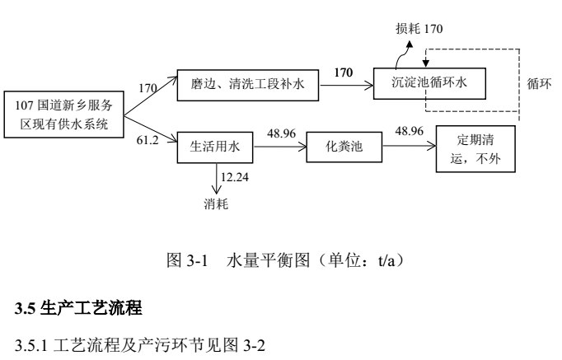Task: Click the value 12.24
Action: point(237,175)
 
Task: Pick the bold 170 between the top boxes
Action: point(342,72)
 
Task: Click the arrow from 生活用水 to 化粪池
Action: point(279,148)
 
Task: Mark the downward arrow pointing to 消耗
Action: point(216,180)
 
